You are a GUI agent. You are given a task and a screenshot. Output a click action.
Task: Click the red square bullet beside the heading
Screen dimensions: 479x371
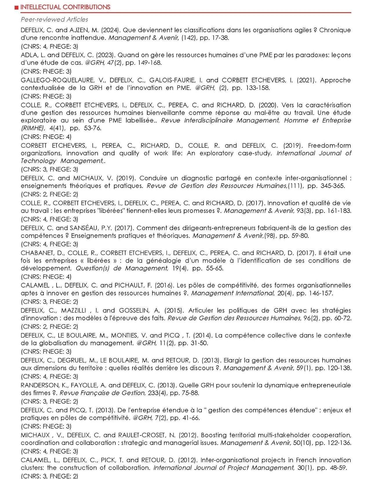(17, 7)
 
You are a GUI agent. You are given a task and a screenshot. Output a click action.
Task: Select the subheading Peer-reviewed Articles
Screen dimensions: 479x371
(54, 19)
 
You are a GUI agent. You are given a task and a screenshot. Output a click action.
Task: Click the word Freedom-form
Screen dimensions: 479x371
(329, 145)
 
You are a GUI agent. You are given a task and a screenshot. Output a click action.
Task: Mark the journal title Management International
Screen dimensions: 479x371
(233, 293)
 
